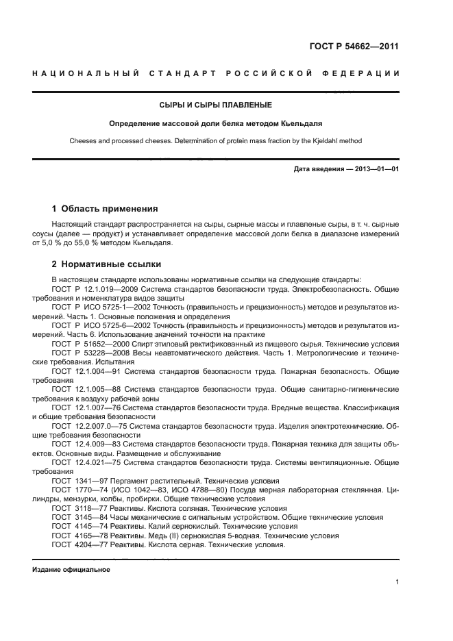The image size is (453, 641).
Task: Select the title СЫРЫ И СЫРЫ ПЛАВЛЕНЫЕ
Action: click(x=216, y=105)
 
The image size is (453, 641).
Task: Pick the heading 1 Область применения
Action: click(x=105, y=208)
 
